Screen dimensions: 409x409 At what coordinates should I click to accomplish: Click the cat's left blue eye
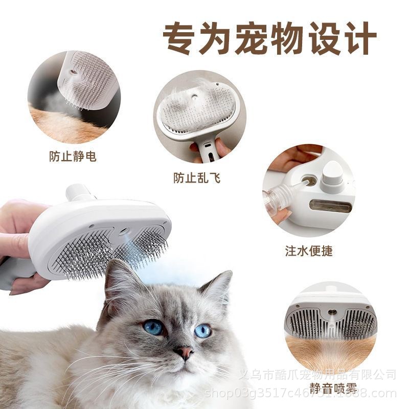[x=153, y=327]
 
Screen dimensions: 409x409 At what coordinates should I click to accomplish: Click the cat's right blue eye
[x=202, y=330]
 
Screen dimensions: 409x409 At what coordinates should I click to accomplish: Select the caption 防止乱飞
[x=197, y=178]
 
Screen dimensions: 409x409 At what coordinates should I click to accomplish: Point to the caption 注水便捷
[x=309, y=251]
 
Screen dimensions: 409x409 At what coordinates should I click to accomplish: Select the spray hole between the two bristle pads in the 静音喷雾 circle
[x=332, y=310]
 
